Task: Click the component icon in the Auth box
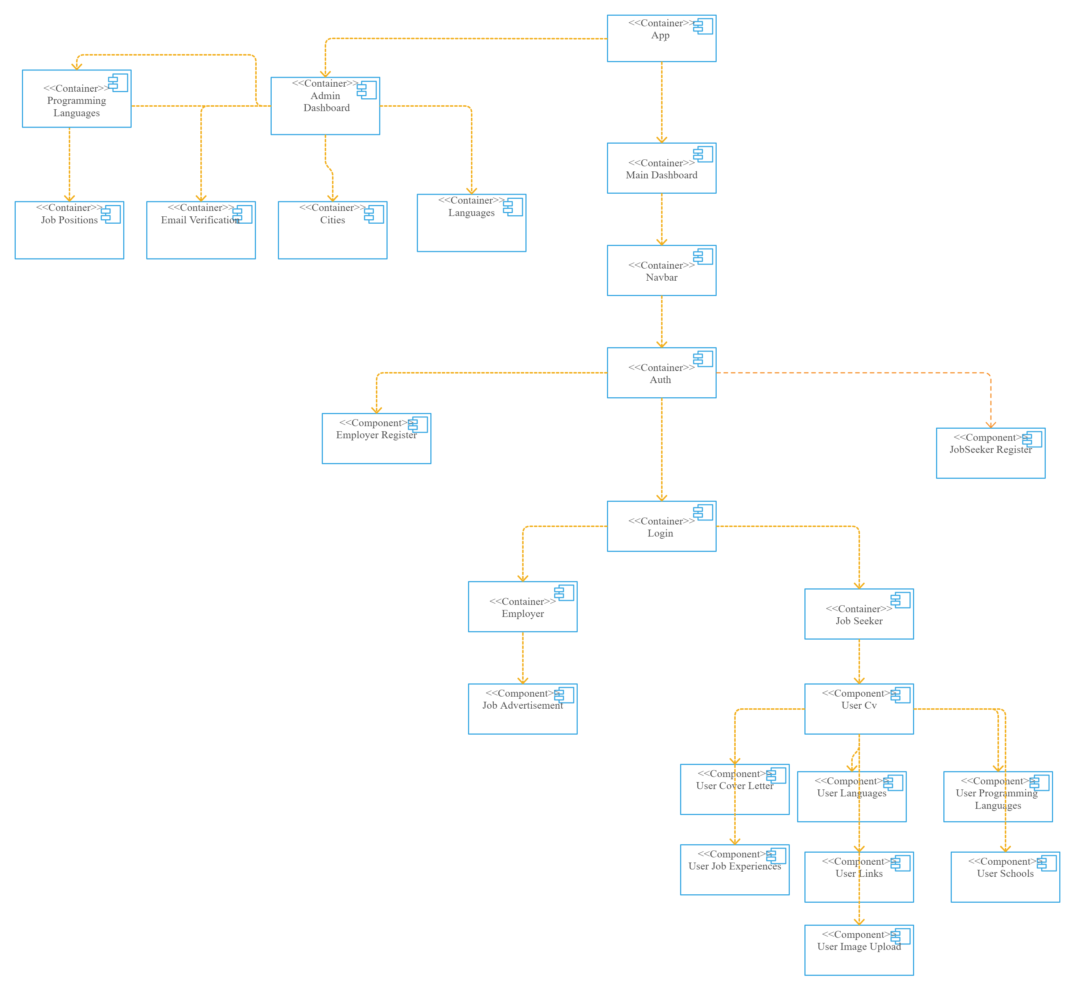(703, 359)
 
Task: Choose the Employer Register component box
(376, 439)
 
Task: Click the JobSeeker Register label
(991, 449)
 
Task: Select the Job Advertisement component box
(523, 709)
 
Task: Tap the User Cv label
(859, 705)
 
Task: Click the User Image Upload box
(859, 950)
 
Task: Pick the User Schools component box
(1005, 877)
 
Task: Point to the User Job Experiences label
(735, 866)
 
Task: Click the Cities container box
(333, 230)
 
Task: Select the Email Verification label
(200, 220)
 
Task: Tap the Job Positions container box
(69, 230)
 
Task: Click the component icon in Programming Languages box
(118, 82)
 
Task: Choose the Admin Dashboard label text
(326, 102)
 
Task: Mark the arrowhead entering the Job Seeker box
(859, 586)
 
